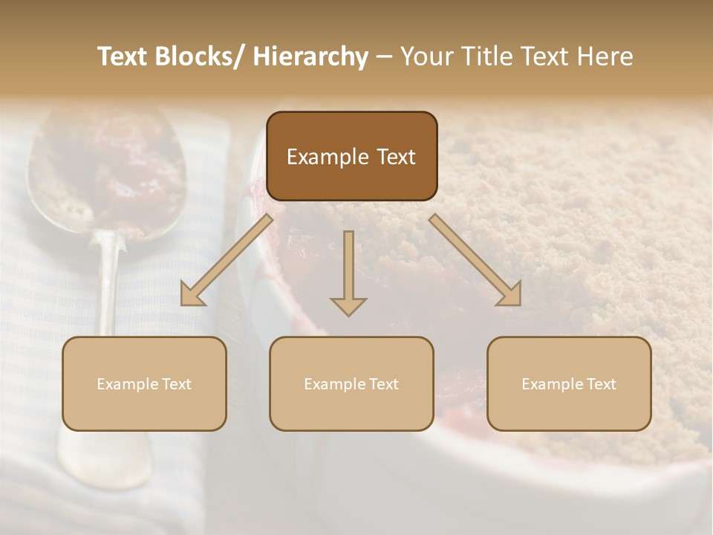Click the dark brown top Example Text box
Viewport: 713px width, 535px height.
351,156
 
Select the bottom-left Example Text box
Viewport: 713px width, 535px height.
144,383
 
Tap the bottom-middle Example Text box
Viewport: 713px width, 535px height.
351,383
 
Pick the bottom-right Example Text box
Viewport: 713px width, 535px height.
569,383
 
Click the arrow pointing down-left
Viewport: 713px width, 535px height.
227,260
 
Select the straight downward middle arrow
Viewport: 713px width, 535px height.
348,267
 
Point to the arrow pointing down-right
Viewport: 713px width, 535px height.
475,260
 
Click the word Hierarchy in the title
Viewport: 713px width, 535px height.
310,56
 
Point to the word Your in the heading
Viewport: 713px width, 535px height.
428,56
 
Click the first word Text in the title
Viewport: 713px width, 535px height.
125,56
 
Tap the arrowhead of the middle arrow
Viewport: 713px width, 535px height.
348,305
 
